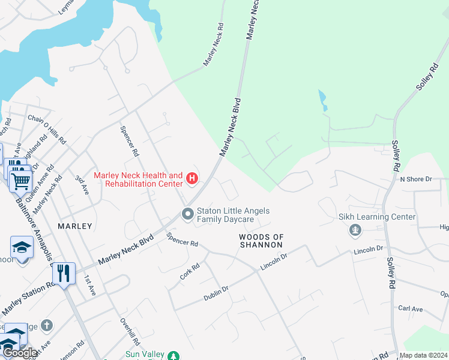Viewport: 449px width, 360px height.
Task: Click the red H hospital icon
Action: tap(192, 178)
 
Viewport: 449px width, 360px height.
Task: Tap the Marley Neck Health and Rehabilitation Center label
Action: tap(138, 179)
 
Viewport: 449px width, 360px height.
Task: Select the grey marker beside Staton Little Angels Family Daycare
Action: tap(188, 213)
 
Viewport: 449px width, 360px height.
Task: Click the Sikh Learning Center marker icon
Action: tap(356, 229)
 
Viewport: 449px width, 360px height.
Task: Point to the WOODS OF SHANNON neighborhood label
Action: tap(261, 241)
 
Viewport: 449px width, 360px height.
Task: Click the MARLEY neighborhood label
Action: tap(75, 226)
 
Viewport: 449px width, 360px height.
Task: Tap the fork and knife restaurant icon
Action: tap(63, 273)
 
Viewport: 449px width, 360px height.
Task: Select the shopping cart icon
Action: tap(20, 179)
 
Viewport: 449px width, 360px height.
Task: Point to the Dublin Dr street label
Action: tap(216, 292)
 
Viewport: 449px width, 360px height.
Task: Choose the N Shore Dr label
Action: tap(416, 179)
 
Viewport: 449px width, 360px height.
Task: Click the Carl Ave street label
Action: tap(411, 308)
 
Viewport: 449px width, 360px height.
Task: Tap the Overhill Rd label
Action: tap(130, 332)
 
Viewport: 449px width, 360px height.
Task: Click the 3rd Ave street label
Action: tap(82, 184)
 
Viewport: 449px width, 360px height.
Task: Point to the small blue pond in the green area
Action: tap(323, 100)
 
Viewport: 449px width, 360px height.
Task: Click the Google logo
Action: tap(20, 353)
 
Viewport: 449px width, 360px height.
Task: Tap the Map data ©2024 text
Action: tap(423, 355)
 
